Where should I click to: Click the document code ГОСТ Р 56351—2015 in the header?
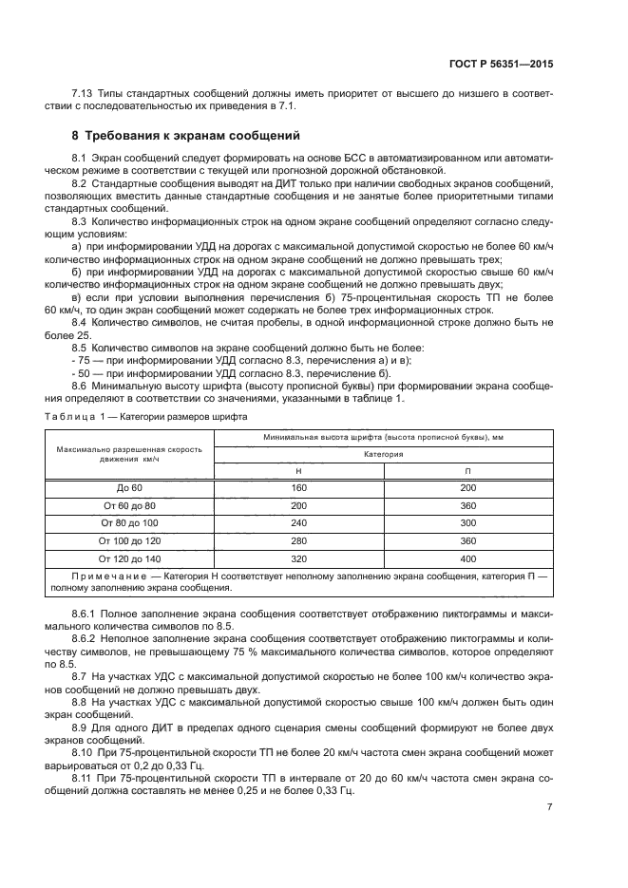[x=501, y=64]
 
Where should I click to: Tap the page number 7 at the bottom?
[x=550, y=807]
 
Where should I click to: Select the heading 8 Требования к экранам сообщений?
[x=187, y=136]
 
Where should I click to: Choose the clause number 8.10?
[x=83, y=751]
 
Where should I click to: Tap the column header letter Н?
[x=298, y=471]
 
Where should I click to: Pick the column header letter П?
[x=467, y=471]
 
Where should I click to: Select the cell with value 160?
[x=298, y=488]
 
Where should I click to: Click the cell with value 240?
[x=298, y=523]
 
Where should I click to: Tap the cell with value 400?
[x=467, y=558]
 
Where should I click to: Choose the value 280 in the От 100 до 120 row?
[x=298, y=540]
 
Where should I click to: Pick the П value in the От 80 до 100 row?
[x=467, y=523]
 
